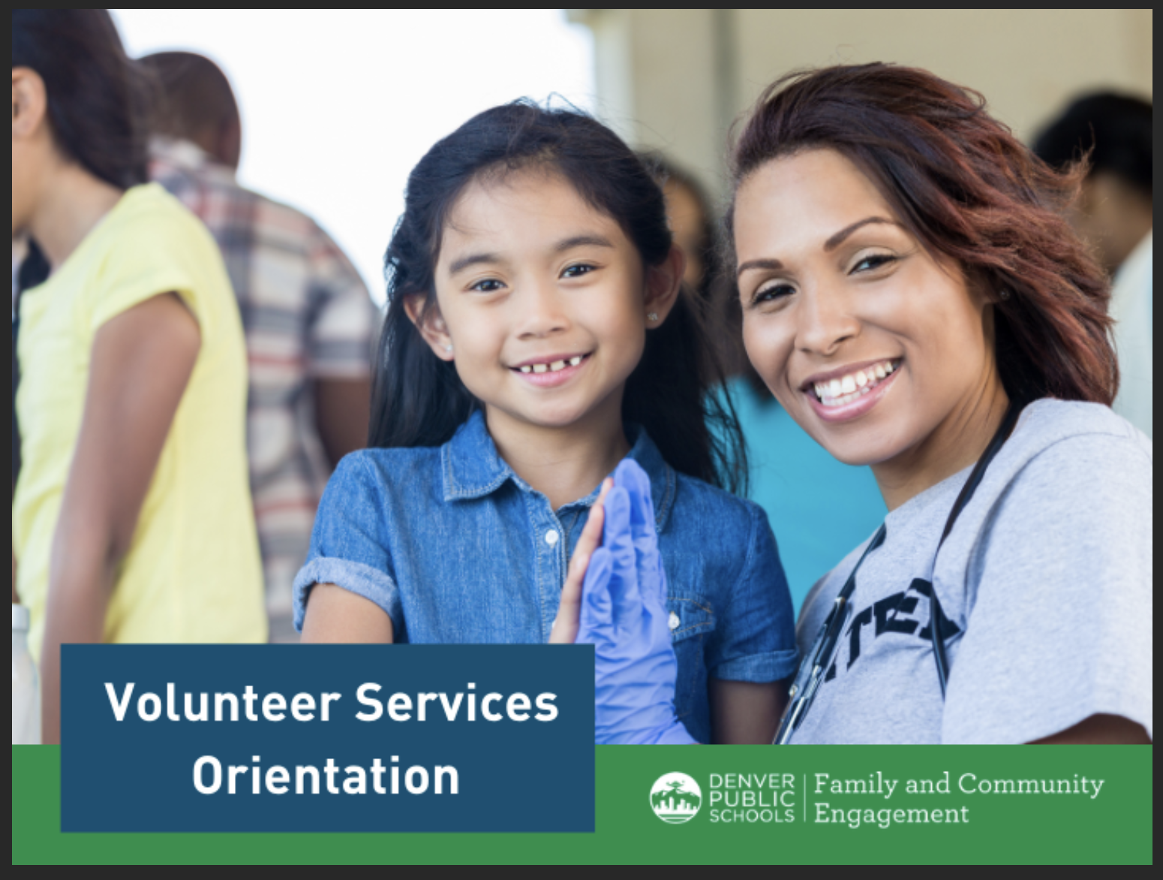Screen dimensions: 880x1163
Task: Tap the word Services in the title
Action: coord(456,703)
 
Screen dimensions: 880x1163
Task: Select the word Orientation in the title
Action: coord(326,776)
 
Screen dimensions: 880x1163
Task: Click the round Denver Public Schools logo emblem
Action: coord(675,797)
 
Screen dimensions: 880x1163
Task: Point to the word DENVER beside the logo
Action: coord(751,782)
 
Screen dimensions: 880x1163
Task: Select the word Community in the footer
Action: coord(1030,785)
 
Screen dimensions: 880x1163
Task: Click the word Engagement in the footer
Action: coord(891,814)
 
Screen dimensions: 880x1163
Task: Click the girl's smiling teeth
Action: coord(549,367)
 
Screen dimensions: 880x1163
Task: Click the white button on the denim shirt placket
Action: coord(551,537)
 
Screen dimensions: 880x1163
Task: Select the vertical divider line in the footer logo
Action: coord(804,798)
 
